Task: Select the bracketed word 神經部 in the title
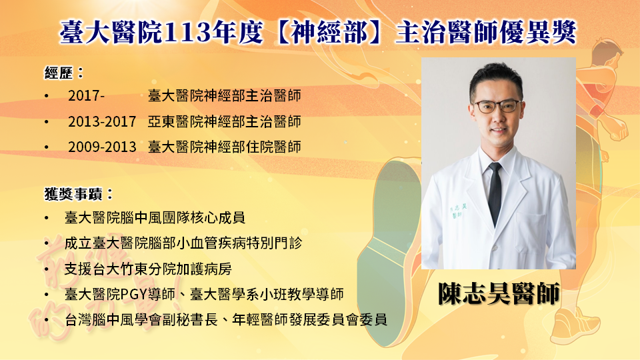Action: coord(329,32)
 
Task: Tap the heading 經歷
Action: coord(59,73)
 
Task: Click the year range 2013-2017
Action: coord(102,121)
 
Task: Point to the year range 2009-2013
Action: coord(102,147)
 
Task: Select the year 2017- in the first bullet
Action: coord(86,96)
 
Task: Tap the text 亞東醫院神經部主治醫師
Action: coord(224,121)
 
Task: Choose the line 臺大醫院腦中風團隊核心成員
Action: coord(155,217)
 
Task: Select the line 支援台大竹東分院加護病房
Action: coord(148,269)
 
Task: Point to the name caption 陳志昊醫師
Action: coord(499,293)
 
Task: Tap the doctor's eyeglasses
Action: coord(497,107)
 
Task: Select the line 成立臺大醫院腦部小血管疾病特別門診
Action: coord(183,243)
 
